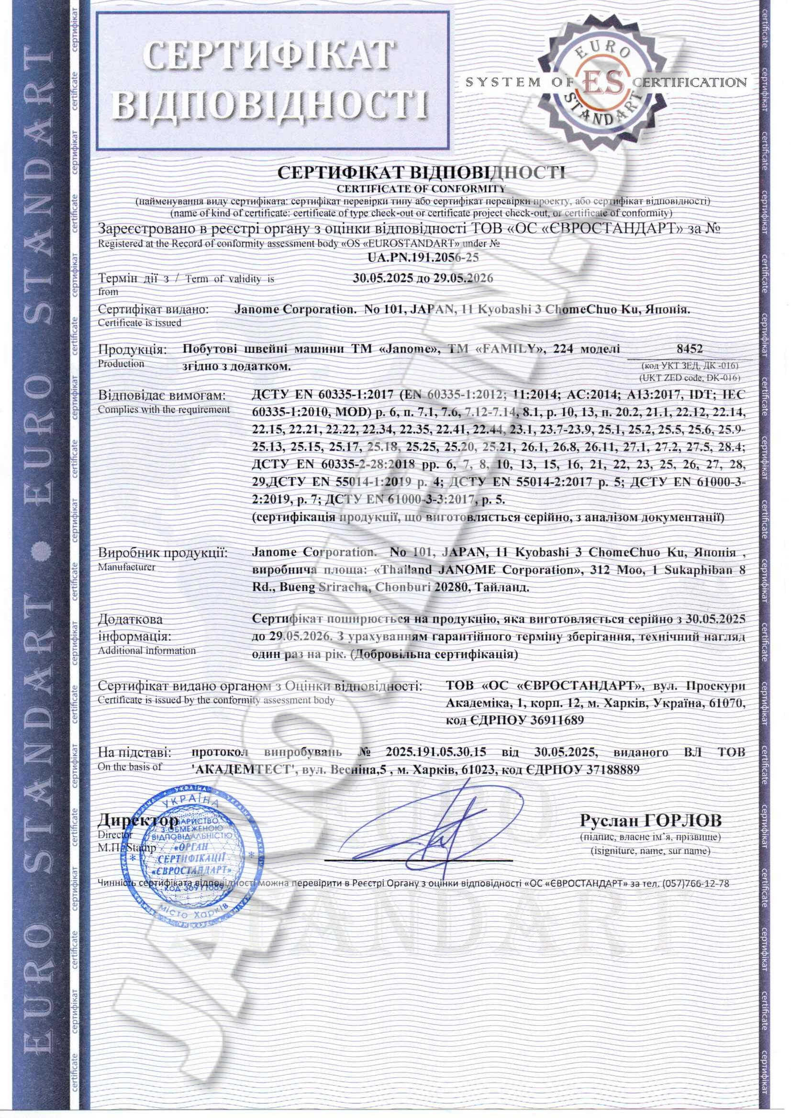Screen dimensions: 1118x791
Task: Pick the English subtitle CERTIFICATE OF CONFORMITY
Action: tap(422, 188)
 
